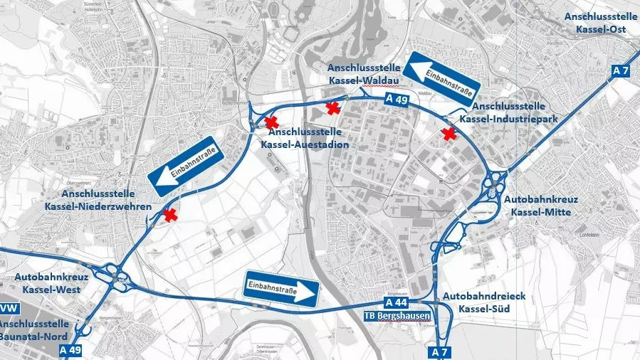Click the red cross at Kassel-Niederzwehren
pos(169,215)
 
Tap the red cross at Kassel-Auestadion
pos(271,122)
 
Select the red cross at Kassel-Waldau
pos(332,107)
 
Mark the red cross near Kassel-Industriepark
pos(448,133)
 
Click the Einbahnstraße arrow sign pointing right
pos(282,289)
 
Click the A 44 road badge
pos(395,302)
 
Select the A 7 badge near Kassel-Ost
pos(621,70)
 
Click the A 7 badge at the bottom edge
pos(441,352)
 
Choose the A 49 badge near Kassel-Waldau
pos(397,100)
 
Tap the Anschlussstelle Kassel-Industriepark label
pos(508,112)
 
